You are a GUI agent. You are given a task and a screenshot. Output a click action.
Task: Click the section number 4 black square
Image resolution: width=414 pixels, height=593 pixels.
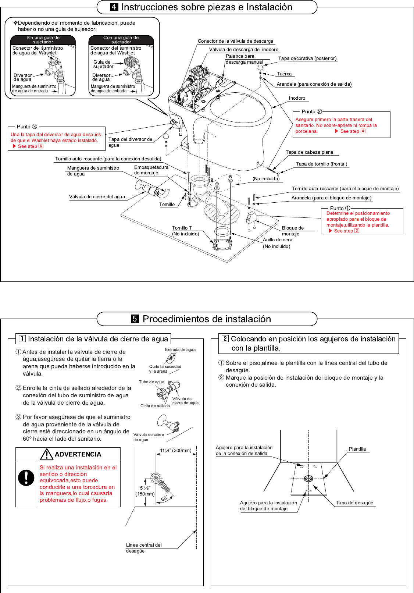114,7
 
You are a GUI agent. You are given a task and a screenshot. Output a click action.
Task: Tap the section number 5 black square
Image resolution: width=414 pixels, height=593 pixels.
135,319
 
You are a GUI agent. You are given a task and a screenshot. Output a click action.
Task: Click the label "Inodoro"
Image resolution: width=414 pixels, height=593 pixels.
297,98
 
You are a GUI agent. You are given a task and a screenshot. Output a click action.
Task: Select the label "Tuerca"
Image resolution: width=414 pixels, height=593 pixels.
284,74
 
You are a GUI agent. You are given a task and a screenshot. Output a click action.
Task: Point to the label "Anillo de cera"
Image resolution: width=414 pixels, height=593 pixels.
277,240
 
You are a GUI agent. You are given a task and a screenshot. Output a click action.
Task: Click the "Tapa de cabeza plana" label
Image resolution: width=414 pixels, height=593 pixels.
309,152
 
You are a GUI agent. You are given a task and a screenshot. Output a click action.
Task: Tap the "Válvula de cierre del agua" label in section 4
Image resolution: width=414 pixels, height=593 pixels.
97,197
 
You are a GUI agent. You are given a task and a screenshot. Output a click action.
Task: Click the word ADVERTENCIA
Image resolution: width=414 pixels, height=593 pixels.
78,454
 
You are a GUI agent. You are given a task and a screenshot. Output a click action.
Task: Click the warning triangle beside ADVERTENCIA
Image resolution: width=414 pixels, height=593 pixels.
47,455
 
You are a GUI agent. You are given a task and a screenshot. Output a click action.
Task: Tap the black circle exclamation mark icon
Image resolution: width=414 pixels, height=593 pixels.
26,477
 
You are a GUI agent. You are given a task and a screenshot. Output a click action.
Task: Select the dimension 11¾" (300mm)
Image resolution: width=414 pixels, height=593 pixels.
176,451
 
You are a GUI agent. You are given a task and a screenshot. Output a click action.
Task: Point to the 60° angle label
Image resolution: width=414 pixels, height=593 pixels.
164,499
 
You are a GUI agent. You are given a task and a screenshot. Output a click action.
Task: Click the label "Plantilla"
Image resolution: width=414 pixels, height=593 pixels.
357,449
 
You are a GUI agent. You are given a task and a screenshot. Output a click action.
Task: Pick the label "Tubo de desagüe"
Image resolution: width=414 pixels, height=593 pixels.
354,503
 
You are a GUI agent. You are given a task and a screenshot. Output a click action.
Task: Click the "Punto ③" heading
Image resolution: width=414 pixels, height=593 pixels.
27,127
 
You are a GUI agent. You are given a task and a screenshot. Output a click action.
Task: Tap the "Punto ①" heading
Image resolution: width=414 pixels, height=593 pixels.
340,208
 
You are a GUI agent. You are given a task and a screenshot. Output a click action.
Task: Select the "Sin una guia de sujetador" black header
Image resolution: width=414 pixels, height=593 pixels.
43,40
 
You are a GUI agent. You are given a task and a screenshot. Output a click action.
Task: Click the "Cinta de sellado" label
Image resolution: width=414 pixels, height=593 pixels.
155,406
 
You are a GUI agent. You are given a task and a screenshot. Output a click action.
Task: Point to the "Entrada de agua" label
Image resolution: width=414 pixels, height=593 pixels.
180,350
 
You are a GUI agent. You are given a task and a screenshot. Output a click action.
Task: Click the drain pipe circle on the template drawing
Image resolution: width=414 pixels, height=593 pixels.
308,479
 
